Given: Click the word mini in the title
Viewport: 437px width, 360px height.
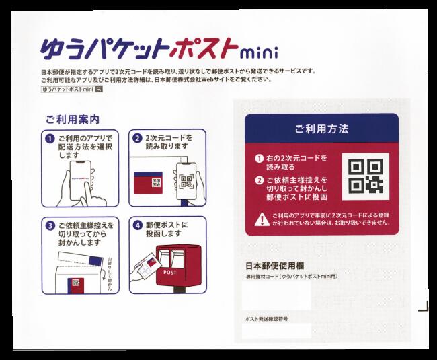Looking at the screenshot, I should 260,52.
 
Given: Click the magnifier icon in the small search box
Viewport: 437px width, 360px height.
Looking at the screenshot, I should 99,89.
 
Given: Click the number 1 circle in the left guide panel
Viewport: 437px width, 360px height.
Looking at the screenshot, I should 50,139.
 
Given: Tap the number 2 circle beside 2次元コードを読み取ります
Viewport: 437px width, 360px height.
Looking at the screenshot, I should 137,139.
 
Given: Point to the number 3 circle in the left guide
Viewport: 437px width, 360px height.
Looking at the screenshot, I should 50,225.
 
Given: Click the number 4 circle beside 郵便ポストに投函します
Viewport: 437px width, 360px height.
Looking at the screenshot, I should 137,225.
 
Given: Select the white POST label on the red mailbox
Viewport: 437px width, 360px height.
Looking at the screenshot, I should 170,273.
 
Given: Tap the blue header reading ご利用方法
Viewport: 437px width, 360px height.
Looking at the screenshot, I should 321,128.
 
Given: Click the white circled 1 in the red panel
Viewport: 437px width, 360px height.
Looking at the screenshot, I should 259,159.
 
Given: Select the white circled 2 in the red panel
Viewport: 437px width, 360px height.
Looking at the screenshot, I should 259,180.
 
